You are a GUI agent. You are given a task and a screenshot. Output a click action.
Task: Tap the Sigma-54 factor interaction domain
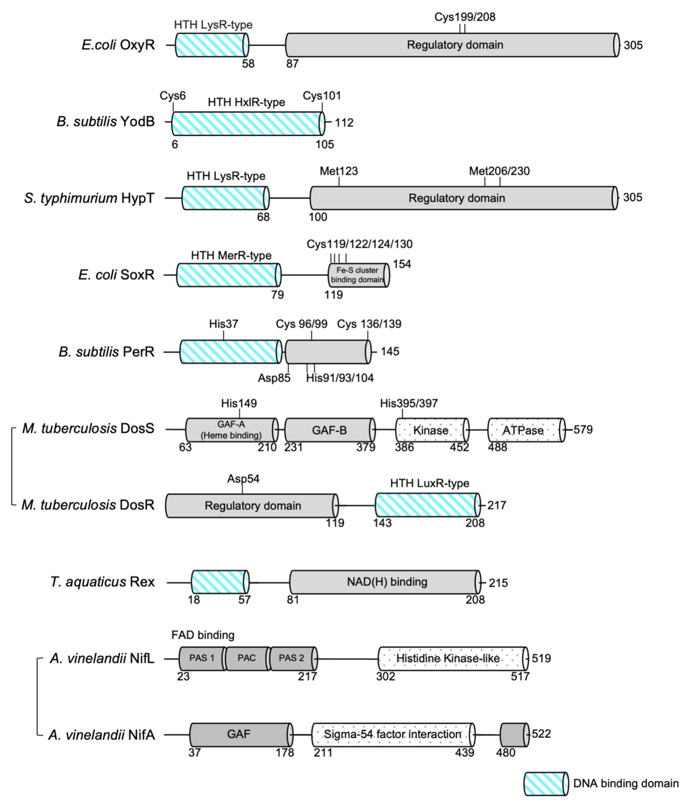392,734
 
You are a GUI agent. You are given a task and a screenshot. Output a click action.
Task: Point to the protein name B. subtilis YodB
105,122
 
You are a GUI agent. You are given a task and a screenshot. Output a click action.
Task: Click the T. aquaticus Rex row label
103,582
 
